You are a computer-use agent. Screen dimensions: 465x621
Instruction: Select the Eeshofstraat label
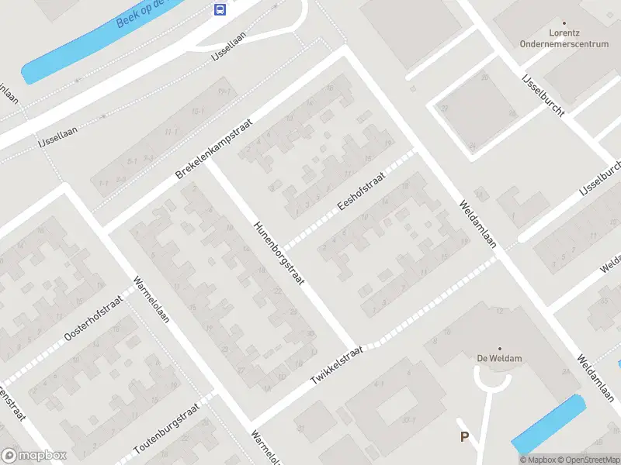tap(362, 193)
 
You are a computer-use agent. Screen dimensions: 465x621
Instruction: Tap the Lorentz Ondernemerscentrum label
tap(564, 40)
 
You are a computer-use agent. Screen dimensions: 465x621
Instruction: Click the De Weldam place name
tap(499, 359)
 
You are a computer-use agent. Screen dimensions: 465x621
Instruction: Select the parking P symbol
tap(464, 437)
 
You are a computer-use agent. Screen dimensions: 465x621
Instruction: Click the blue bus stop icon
tap(220, 9)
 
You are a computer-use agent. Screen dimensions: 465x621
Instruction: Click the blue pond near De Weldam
tap(549, 424)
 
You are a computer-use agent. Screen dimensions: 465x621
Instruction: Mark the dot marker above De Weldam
tap(499, 349)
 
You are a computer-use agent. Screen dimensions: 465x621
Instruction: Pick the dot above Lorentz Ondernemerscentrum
tap(564, 24)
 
